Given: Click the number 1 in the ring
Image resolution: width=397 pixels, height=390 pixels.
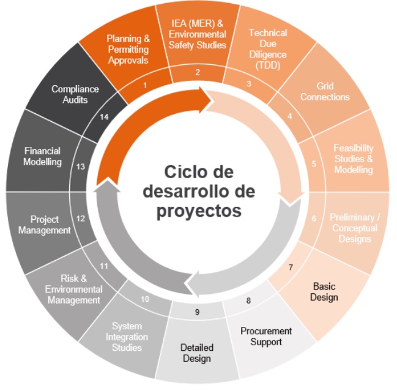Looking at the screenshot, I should point(145,85).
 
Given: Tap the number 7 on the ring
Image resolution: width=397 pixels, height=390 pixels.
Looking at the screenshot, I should point(291,267).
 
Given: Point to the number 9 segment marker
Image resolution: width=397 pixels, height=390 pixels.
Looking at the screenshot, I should point(197,312).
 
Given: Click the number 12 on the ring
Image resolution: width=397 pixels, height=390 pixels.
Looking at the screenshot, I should point(80,218).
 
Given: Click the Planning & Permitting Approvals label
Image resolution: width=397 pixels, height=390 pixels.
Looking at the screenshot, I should point(128,49).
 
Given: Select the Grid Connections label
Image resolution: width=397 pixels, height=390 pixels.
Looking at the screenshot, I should point(325,92).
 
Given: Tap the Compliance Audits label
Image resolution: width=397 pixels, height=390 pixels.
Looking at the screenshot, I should point(75,94).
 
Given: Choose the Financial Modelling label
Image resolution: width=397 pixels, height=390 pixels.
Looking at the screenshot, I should point(43,156).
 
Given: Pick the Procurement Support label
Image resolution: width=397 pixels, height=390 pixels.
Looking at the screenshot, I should point(266,336).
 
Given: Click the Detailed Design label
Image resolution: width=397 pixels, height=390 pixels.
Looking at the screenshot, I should point(196,352).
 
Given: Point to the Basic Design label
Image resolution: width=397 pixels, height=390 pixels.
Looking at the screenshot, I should point(324,291).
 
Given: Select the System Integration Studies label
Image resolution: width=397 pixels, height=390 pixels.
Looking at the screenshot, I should point(127,337).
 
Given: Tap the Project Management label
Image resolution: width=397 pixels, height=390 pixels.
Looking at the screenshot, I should point(44,224).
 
